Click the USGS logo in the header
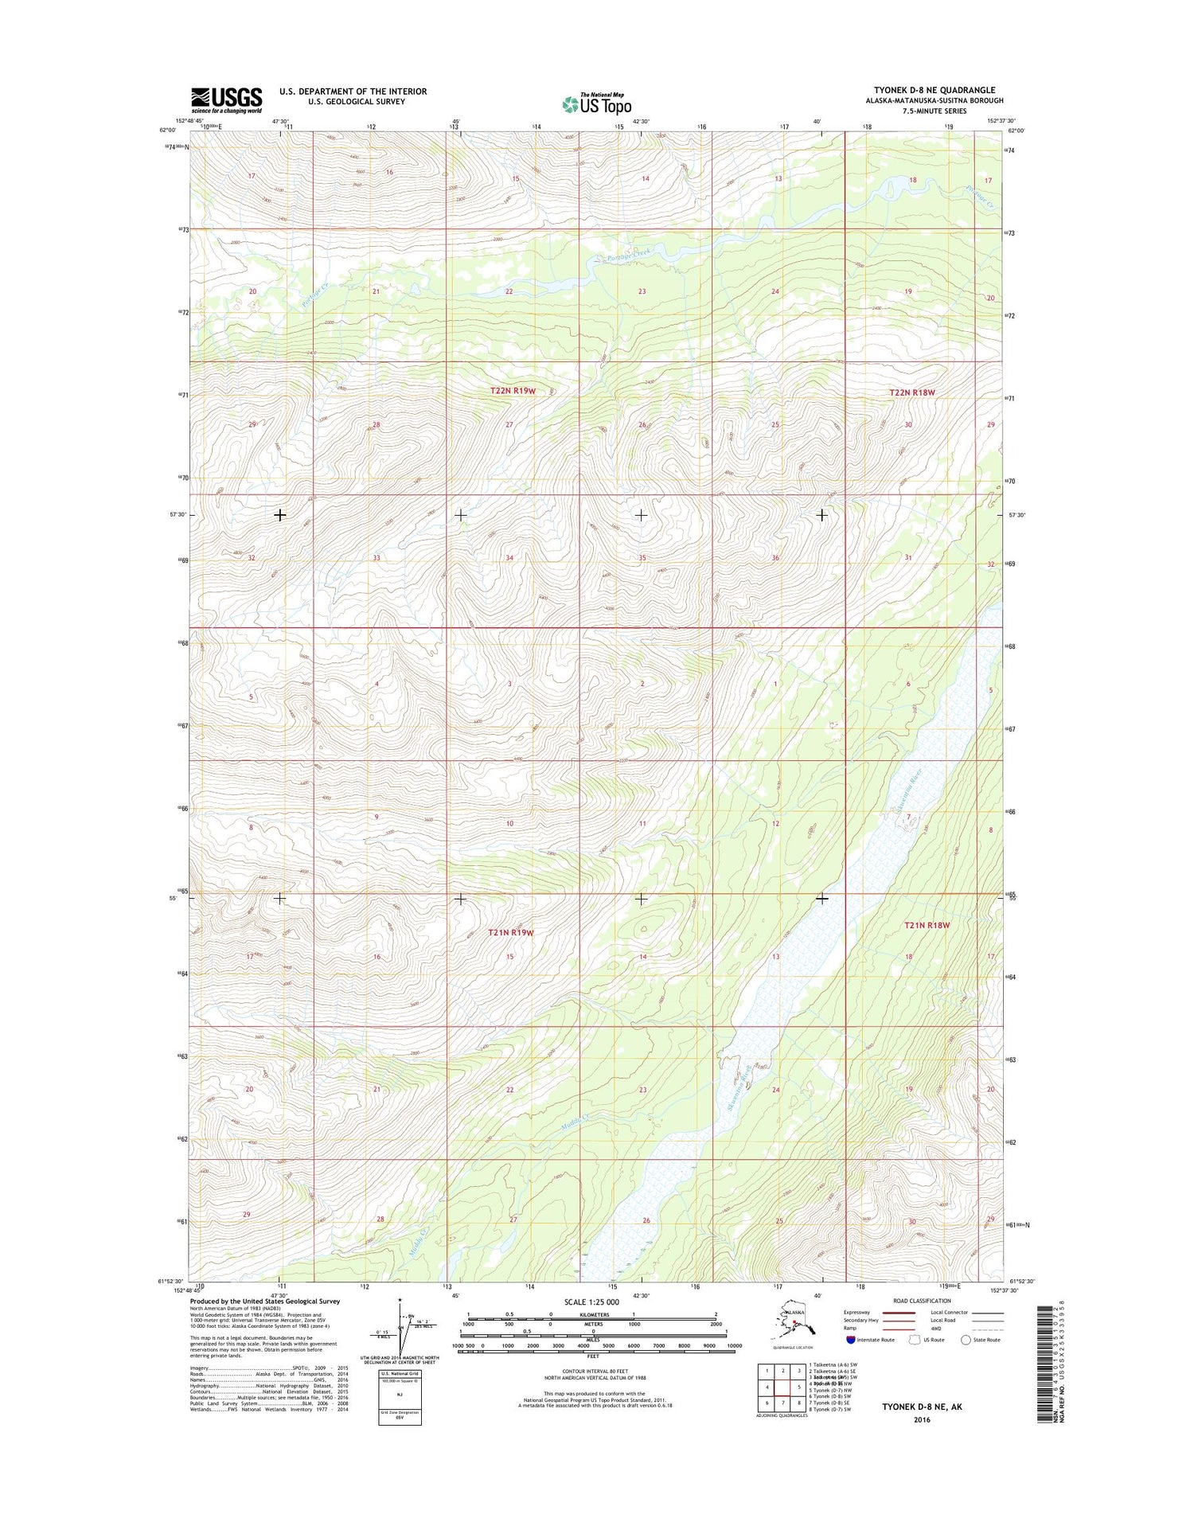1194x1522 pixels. pyautogui.click(x=226, y=100)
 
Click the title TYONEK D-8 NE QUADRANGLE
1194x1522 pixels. pyautogui.click(x=934, y=90)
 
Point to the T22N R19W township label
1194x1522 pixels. pyautogui.click(x=513, y=391)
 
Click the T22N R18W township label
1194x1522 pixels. pyautogui.click(x=911, y=392)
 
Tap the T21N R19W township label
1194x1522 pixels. pyautogui.click(x=510, y=932)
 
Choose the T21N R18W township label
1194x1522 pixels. pyautogui.click(x=927, y=925)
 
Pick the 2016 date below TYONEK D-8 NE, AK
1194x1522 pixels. pyautogui.click(x=922, y=1420)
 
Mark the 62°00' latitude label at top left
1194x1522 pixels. pyautogui.click(x=168, y=130)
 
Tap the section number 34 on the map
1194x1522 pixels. pyautogui.click(x=509, y=558)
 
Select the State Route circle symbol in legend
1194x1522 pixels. pyautogui.click(x=966, y=1340)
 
